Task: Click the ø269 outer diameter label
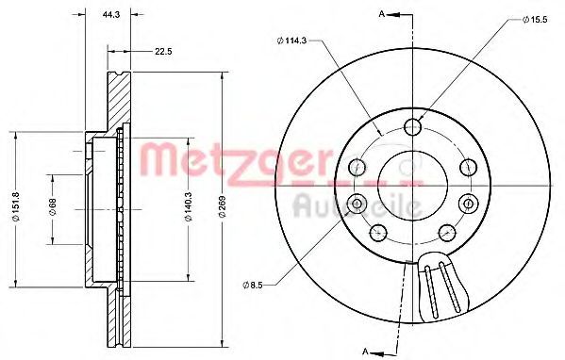220,207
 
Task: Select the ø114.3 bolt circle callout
293,40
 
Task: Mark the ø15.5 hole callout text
537,19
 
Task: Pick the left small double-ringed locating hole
357,203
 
